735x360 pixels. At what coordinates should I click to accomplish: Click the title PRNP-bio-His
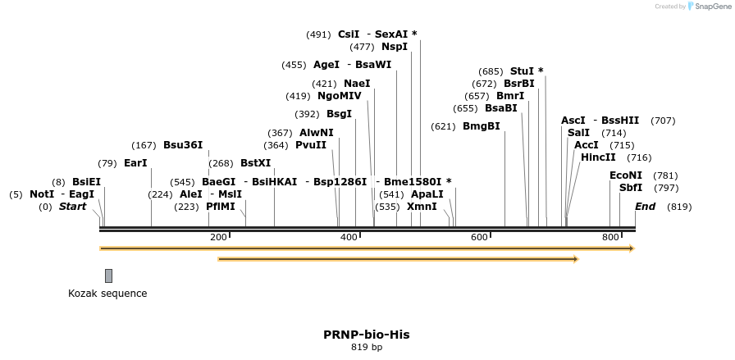point(366,335)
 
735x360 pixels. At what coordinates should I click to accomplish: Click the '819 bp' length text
point(366,347)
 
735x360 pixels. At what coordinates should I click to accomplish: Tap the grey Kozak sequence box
point(108,276)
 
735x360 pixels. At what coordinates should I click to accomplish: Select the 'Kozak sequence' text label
point(107,293)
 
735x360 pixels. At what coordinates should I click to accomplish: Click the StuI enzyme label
point(521,71)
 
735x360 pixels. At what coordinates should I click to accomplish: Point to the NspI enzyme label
point(394,47)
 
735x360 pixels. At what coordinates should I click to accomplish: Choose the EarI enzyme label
point(135,163)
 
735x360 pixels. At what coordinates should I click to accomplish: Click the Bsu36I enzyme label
point(182,145)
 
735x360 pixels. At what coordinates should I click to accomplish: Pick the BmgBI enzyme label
point(481,126)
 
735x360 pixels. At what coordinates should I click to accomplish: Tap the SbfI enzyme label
point(631,188)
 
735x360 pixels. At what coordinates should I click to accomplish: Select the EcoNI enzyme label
point(626,175)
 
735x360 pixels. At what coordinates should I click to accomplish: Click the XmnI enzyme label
point(422,207)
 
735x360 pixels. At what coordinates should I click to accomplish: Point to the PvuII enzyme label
point(311,145)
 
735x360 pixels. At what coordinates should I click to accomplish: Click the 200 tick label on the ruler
point(218,238)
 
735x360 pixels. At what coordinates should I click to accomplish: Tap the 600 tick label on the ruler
point(479,238)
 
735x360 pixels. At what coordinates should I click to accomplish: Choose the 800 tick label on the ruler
point(610,238)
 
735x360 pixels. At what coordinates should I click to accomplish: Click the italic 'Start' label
point(72,207)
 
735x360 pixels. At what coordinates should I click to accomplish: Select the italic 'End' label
point(645,207)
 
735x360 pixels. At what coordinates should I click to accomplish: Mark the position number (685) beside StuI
point(491,71)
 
